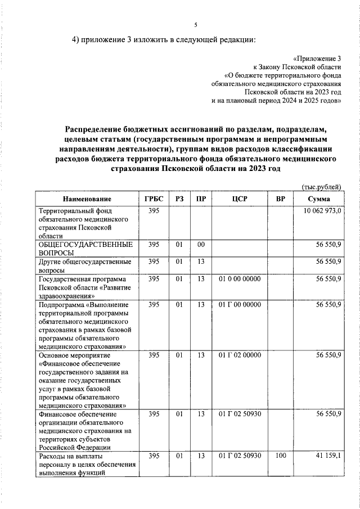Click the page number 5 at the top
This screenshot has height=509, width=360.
click(x=196, y=25)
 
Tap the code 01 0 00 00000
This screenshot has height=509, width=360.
click(x=239, y=278)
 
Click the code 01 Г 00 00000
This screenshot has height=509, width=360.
click(x=239, y=305)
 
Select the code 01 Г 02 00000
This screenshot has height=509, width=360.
click(x=239, y=355)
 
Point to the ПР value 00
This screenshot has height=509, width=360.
click(x=201, y=245)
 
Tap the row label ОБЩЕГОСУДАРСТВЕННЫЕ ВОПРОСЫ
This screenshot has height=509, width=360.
click(x=85, y=249)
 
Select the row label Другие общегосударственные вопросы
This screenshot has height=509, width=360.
click(x=84, y=265)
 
